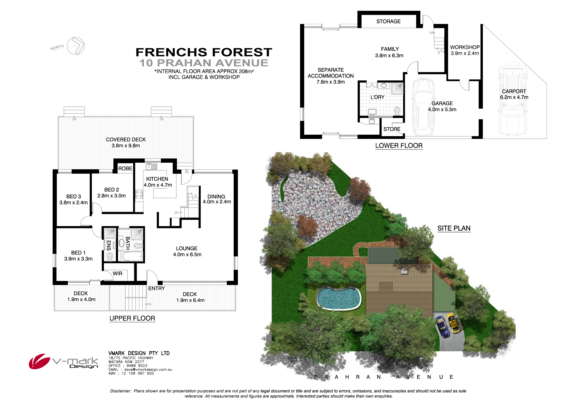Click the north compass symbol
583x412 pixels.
76,46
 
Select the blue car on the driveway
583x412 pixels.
443,327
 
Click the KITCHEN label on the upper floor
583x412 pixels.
157,179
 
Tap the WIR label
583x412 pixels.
117,273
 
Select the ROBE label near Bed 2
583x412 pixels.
125,169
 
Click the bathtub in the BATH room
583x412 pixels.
132,256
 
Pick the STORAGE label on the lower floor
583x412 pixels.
389,22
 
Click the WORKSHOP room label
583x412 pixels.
465,47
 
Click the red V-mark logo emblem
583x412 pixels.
39,361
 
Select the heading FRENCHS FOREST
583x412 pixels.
204,52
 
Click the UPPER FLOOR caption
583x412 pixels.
132,318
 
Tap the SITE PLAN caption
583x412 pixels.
454,228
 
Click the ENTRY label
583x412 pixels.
156,288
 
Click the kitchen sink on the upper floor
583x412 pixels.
152,167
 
